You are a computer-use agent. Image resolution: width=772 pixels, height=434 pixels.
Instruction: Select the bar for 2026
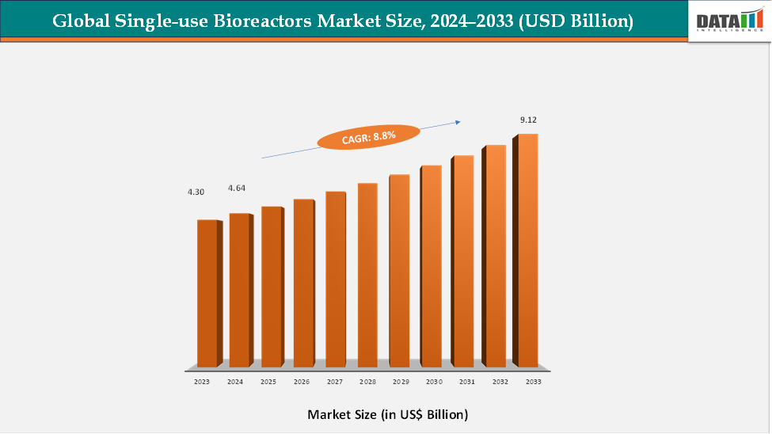coord(303,283)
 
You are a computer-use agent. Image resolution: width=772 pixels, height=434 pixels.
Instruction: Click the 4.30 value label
coord(196,192)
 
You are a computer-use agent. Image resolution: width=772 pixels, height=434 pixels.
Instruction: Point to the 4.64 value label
coord(237,188)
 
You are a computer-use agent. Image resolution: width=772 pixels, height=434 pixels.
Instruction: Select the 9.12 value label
coord(528,120)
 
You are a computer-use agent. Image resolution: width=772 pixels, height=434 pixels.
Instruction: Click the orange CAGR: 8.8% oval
coord(368,138)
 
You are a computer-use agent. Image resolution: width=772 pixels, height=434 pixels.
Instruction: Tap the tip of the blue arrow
coord(460,121)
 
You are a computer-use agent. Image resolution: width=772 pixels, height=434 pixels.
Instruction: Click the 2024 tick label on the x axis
coord(235,382)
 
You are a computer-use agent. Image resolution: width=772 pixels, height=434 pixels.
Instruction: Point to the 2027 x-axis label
coord(333,382)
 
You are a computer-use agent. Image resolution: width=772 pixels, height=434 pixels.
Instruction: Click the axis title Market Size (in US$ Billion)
coord(387,414)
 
